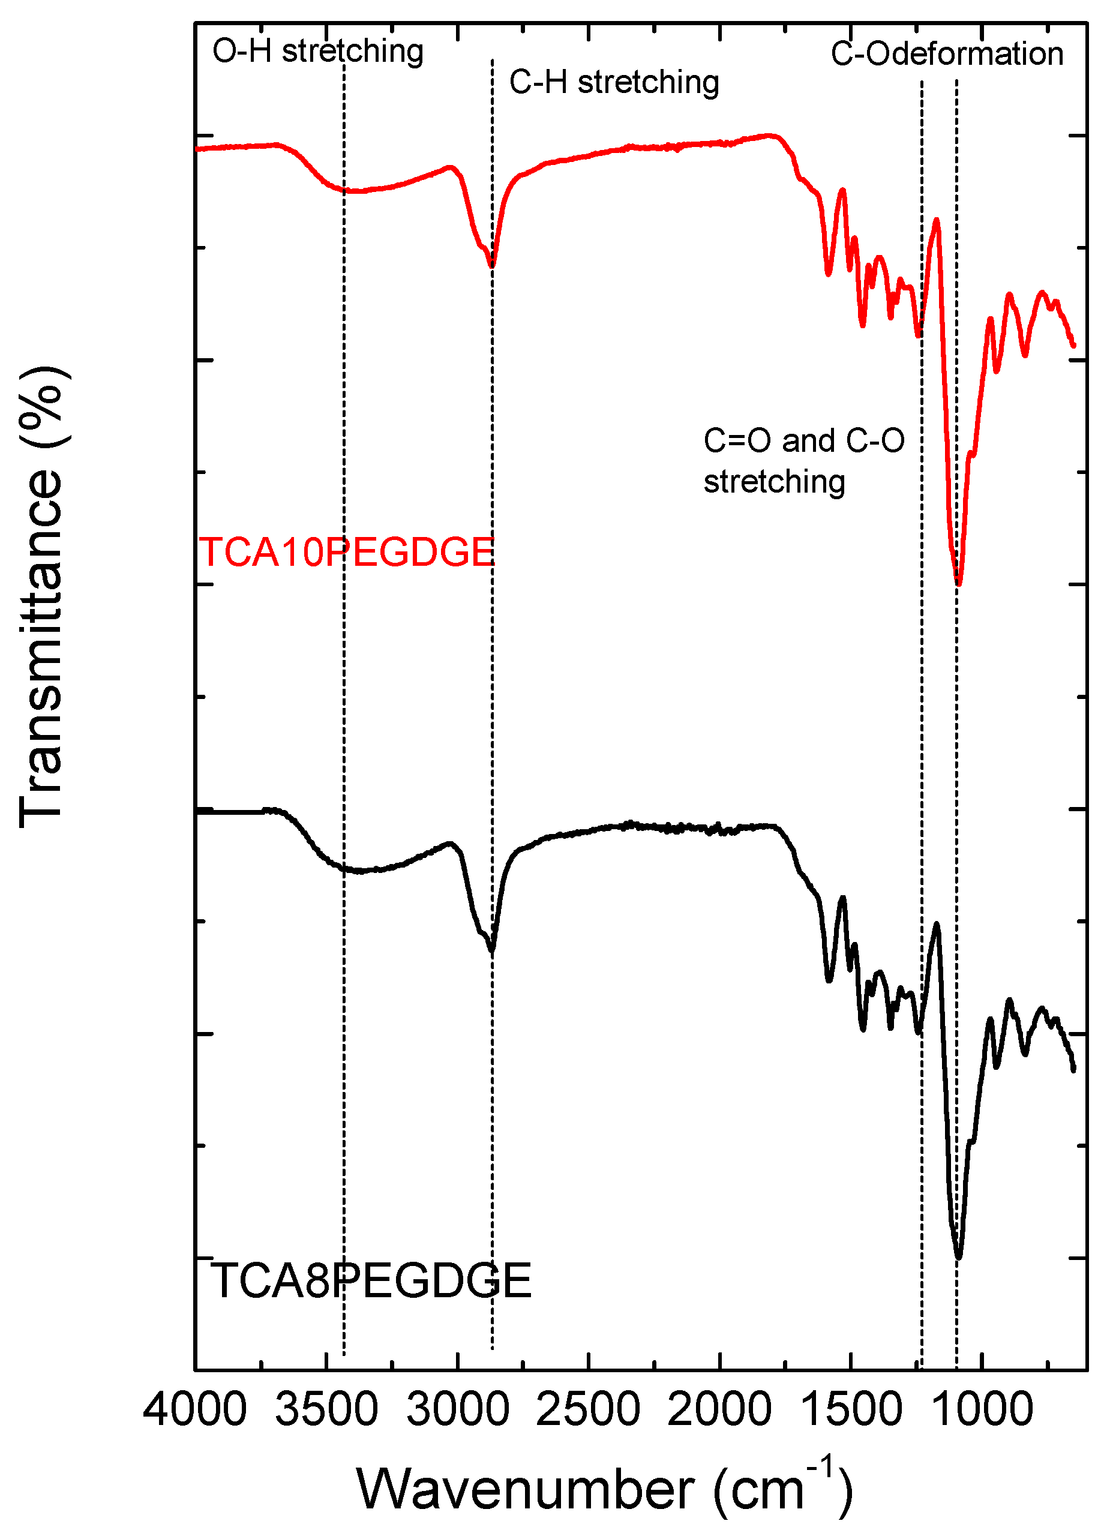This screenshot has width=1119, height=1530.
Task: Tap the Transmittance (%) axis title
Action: tap(42, 596)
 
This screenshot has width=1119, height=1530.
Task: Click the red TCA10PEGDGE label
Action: tap(346, 552)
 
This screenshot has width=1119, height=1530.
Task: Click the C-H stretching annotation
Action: tap(614, 82)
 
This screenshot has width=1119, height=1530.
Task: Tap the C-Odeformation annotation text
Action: tap(947, 54)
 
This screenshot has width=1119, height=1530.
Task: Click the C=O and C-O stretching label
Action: tap(803, 461)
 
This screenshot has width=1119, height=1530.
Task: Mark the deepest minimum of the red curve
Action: tap(958, 583)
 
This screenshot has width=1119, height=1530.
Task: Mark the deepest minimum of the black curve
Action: tap(958, 1258)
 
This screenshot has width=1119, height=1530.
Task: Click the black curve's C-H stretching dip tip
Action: tap(493, 950)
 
